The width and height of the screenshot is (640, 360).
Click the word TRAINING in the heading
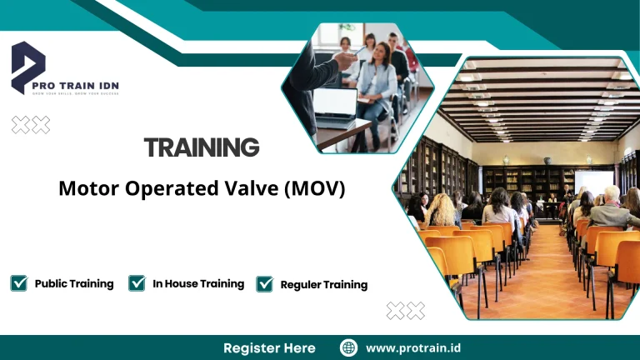click(202, 148)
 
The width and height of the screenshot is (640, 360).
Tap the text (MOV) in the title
click(314, 189)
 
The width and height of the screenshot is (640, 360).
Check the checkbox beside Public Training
click(18, 283)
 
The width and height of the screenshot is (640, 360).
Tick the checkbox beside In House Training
click(137, 283)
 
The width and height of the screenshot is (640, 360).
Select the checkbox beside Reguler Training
click(265, 284)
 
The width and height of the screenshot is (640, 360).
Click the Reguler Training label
click(323, 285)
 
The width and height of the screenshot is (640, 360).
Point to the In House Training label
click(198, 283)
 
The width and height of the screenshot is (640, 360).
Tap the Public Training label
click(74, 283)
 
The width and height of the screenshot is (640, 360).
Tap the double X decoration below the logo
click(30, 125)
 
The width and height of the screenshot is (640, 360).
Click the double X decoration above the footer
click(406, 311)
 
